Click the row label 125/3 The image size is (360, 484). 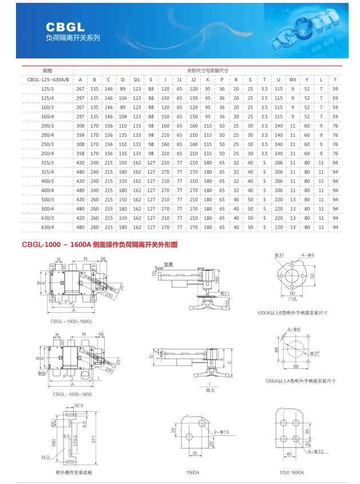[x=48, y=89]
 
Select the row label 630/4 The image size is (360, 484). [x=48, y=227]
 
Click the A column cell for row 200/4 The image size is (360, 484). [x=80, y=135]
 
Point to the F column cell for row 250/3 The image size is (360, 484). [x=335, y=144]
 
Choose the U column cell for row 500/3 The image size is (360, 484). [x=279, y=200]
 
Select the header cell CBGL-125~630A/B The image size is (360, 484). [x=48, y=79]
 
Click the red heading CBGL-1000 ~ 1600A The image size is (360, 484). [x=56, y=245]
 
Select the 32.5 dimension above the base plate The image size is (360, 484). [x=79, y=405]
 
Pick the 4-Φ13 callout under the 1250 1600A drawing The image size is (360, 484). [x=316, y=451]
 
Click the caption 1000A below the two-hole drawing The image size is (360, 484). [x=192, y=473]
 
